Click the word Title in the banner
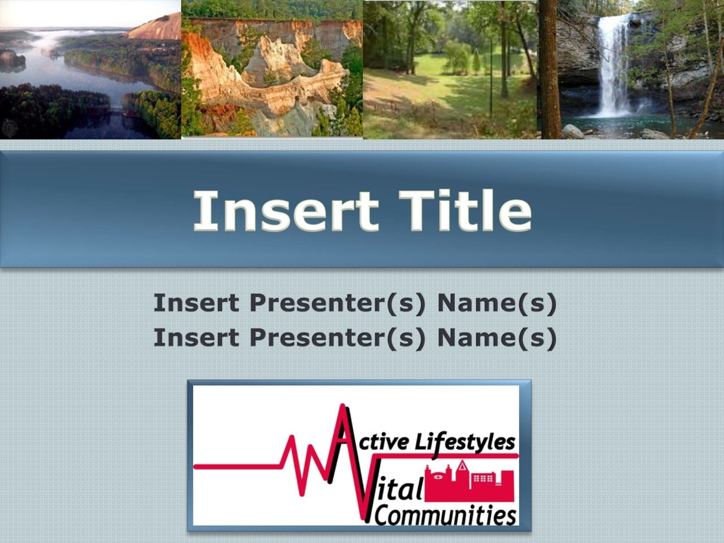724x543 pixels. pyautogui.click(x=465, y=210)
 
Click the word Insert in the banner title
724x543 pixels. pyautogui.click(x=286, y=210)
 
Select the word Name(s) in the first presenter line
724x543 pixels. pyautogui.click(x=497, y=303)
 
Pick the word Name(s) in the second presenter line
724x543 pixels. pyautogui.click(x=497, y=337)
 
